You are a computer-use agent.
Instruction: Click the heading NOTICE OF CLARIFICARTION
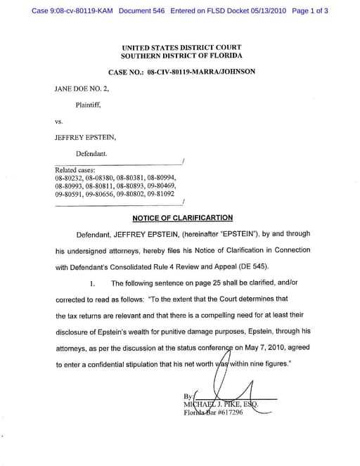[x=182, y=218]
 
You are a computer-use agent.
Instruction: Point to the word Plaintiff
[x=89, y=105]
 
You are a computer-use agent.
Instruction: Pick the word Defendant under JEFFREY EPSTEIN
[x=91, y=152]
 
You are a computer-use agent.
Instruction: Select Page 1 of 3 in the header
[x=309, y=11]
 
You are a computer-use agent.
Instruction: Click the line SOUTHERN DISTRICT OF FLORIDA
[x=181, y=55]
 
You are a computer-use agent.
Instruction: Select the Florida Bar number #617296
[x=227, y=413]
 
